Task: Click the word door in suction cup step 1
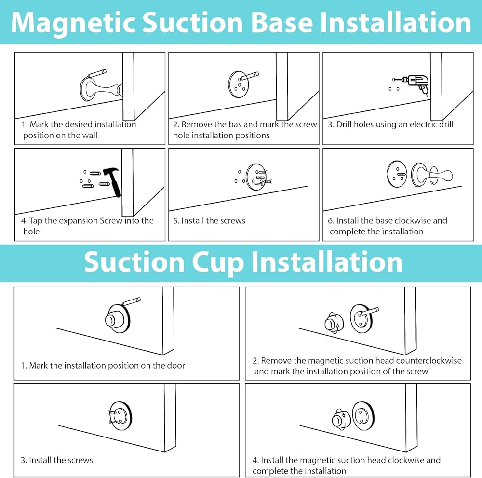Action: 175,366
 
